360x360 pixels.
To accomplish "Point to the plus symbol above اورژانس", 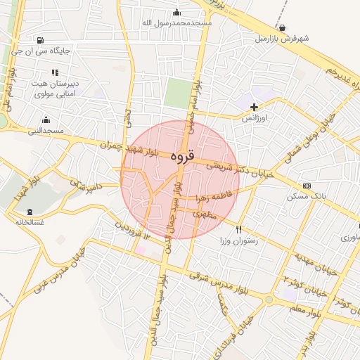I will [254, 107].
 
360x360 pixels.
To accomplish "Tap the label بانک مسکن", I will [303, 196].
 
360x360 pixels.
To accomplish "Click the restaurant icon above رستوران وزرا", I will [239, 229].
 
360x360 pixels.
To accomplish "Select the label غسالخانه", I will [30, 222].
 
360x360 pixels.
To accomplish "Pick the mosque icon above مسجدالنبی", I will [46, 120].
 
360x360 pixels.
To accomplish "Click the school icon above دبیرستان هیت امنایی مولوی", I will [55, 72].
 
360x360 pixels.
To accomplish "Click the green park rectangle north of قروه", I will [179, 93].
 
